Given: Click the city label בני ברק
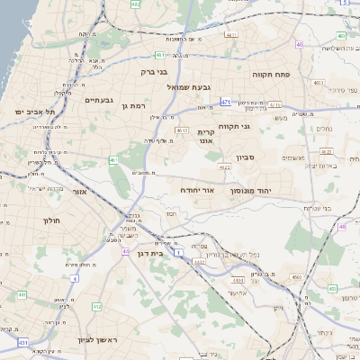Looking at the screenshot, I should click(155, 70).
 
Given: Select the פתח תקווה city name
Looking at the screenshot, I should click(270, 74).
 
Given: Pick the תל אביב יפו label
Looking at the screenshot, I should click(35, 112).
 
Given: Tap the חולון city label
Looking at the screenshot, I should click(50, 220).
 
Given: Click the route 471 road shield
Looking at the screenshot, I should click(225, 102).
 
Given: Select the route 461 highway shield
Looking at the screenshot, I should click(113, 160).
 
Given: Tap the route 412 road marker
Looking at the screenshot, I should click(96, 307).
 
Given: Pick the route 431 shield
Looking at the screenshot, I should click(22, 343).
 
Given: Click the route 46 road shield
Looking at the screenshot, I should click(343, 227).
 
